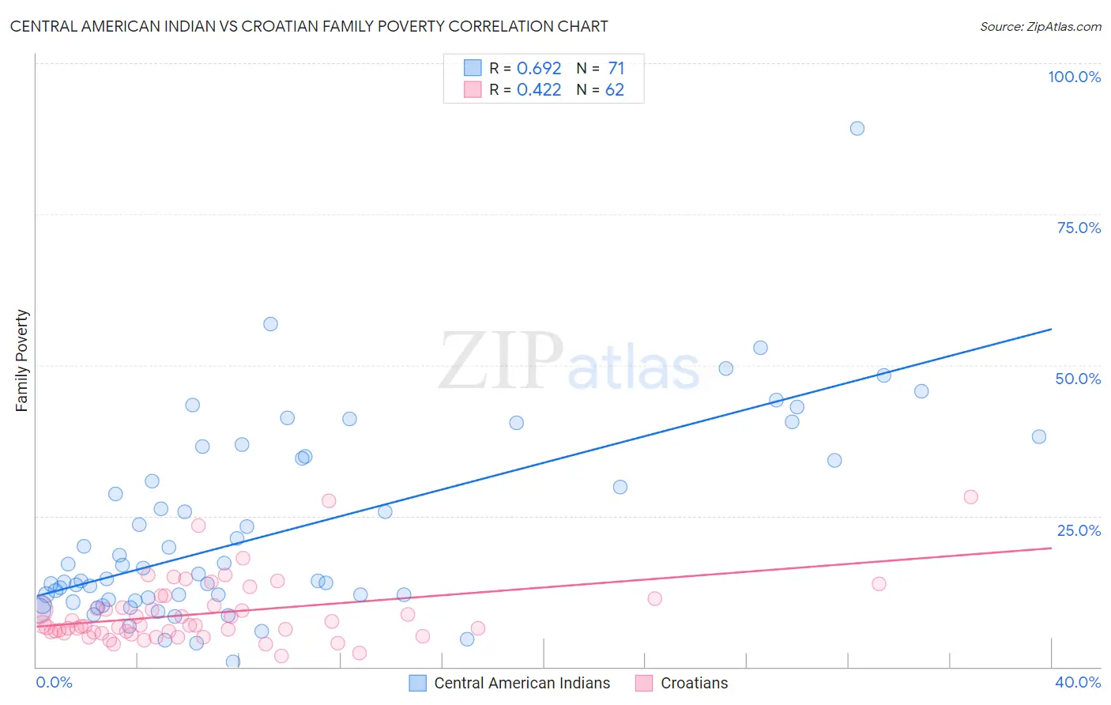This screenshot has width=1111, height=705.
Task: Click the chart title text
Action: tap(309, 26)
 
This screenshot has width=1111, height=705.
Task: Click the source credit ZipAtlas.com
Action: tap(1040, 27)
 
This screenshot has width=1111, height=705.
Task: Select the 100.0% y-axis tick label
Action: tap(1074, 77)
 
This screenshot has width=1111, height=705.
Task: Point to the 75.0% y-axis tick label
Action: tap(1079, 228)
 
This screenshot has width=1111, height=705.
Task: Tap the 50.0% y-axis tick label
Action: tap(1078, 379)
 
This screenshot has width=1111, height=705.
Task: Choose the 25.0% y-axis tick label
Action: tap(1079, 530)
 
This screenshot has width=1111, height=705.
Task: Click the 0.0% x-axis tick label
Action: tap(54, 682)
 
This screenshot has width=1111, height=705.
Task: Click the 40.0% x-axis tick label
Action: tap(1078, 682)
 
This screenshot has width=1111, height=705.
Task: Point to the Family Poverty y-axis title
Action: tap(22, 360)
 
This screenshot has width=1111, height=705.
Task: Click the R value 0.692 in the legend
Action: tap(539, 68)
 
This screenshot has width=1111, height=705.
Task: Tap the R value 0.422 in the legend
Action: tap(539, 89)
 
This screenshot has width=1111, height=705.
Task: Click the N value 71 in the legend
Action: tap(616, 68)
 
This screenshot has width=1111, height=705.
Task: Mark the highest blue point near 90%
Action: tap(857, 128)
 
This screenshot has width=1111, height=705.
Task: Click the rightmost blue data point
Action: tap(1039, 436)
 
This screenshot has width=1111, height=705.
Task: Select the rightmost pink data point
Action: tap(971, 496)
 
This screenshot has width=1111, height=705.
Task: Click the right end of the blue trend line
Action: tap(1051, 329)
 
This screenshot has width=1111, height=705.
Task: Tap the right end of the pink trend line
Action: tap(1051, 547)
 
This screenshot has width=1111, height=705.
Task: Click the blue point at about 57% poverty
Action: tap(270, 323)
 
